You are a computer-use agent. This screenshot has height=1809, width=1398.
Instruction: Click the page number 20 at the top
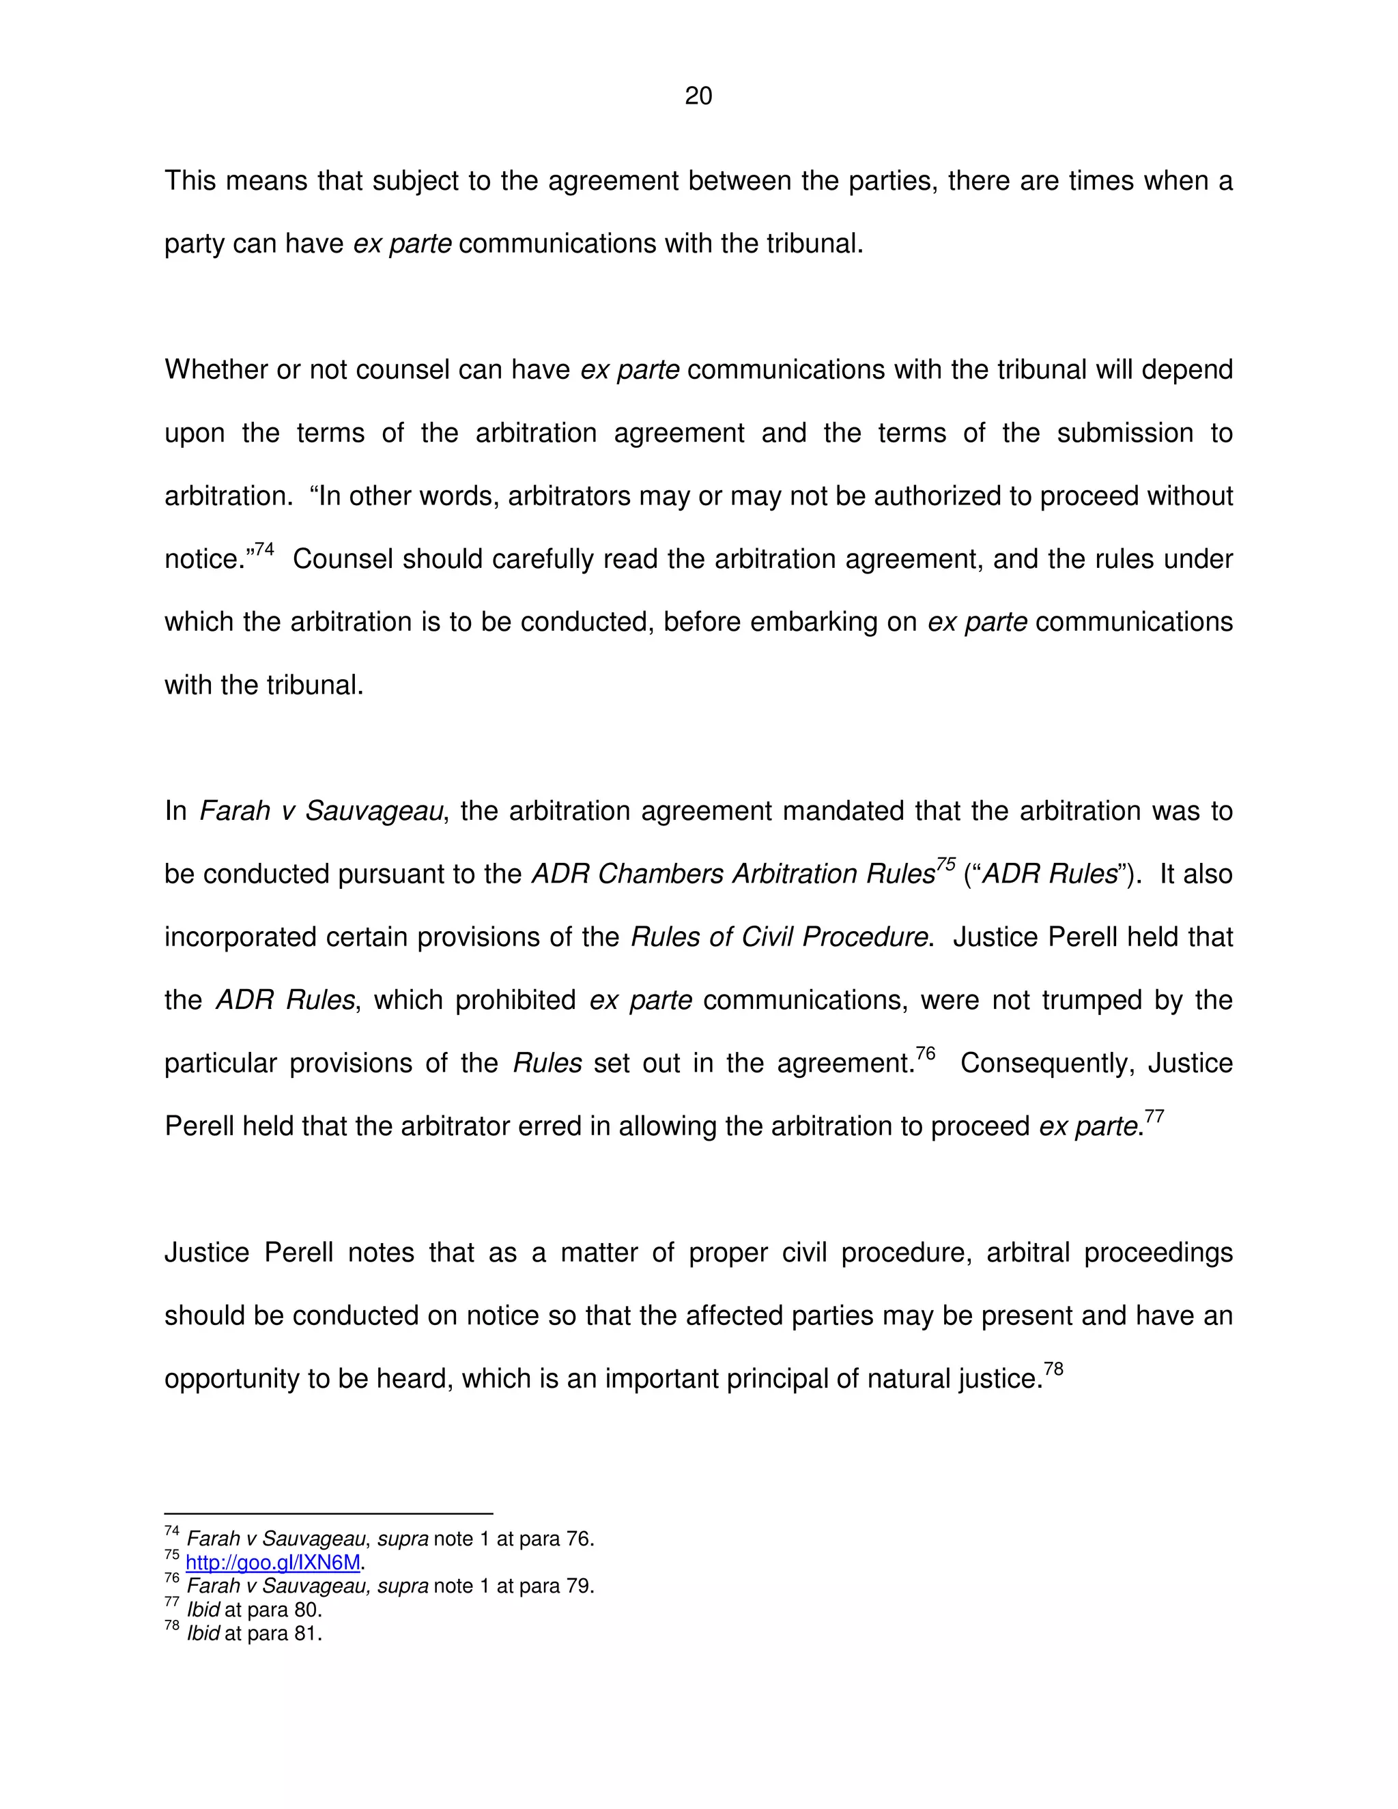point(698,96)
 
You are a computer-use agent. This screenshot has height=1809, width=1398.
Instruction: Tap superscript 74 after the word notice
point(264,549)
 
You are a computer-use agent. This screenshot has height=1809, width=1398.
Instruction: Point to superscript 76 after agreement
point(925,1053)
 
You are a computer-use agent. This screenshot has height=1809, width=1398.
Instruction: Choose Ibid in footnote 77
point(203,1610)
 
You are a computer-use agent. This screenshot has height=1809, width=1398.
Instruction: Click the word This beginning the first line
point(190,181)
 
